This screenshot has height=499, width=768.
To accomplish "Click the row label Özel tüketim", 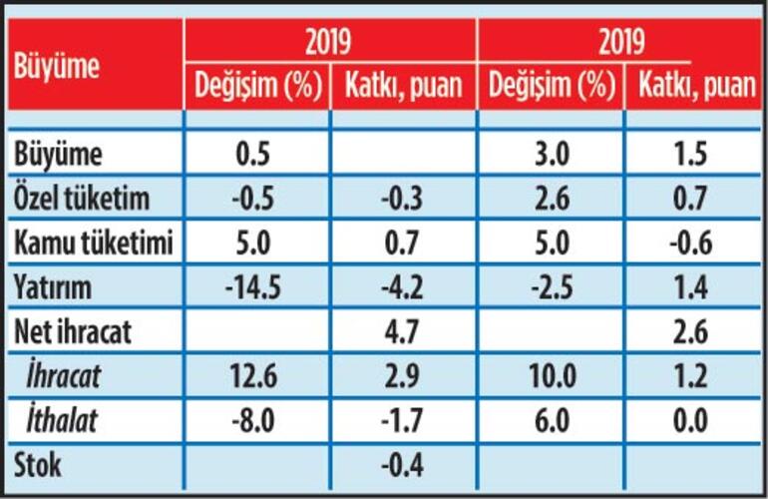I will click(82, 199).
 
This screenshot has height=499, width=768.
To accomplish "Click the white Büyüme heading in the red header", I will click(57, 68).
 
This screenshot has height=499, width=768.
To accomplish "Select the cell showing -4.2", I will click(404, 288).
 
